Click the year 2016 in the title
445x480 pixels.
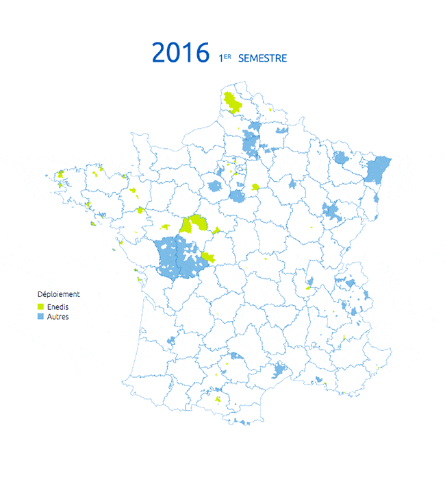click(x=180, y=53)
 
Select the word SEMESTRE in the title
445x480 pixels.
click(x=262, y=58)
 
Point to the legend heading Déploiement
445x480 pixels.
click(x=58, y=294)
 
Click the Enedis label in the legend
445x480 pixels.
click(x=58, y=307)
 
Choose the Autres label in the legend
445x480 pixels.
click(x=58, y=317)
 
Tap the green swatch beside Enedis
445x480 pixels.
click(x=40, y=307)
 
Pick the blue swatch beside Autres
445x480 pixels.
click(x=40, y=317)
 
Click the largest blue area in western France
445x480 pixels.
click(x=177, y=257)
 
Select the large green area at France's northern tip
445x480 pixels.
click(x=233, y=103)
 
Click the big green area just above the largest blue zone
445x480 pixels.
click(x=195, y=224)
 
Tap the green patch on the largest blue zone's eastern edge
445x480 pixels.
click(x=208, y=258)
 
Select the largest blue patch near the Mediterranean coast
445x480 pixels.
click(x=280, y=371)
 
